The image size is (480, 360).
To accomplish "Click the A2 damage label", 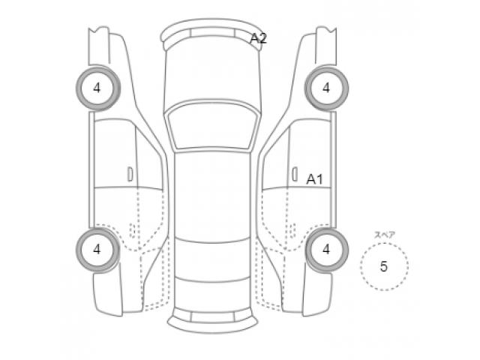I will click(258, 38).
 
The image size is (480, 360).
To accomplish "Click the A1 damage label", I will click(314, 178).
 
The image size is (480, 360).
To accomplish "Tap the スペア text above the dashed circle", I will click(385, 235).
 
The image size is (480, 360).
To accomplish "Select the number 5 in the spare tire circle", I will click(384, 266).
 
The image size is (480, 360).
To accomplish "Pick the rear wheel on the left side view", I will click(97, 249).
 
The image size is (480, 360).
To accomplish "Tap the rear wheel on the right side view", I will click(326, 249).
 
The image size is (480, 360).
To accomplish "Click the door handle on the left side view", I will click(130, 174).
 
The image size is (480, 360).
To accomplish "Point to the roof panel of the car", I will click(211, 195).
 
